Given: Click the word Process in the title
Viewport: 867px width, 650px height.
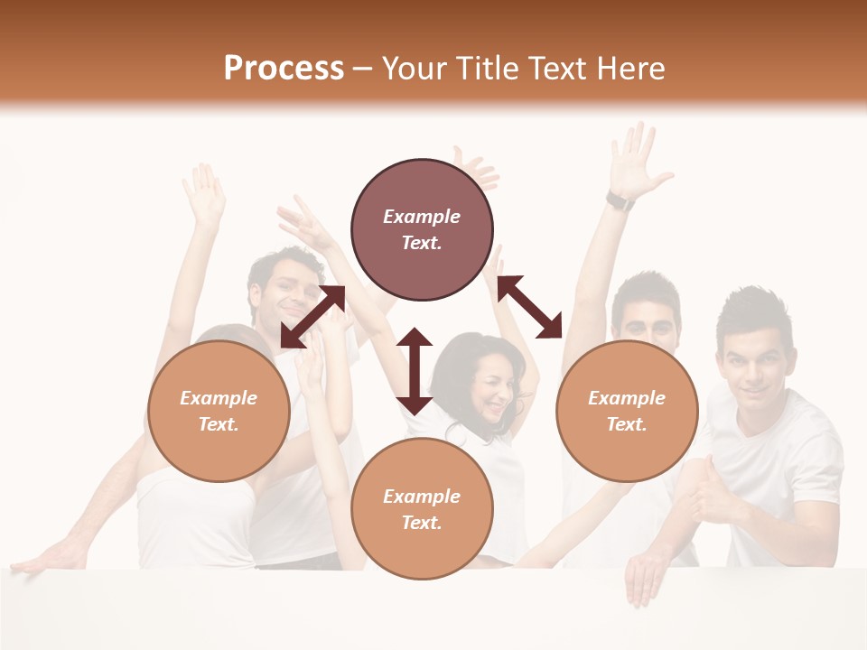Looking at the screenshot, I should [284, 68].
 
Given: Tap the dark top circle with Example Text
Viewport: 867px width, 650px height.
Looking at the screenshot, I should [422, 229].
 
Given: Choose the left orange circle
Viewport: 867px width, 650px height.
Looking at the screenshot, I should [219, 411].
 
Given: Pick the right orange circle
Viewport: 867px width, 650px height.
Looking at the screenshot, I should [627, 411].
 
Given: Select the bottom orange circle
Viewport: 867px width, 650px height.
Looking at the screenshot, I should [422, 509].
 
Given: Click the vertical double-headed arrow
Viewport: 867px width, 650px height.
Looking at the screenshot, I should [415, 371].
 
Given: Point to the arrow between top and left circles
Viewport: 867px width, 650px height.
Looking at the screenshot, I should [312, 317].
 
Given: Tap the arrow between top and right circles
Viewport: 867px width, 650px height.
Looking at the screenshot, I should [530, 307].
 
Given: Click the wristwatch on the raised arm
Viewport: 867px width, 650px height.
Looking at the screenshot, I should [620, 200].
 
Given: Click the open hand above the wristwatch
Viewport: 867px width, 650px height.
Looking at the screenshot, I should [637, 158].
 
